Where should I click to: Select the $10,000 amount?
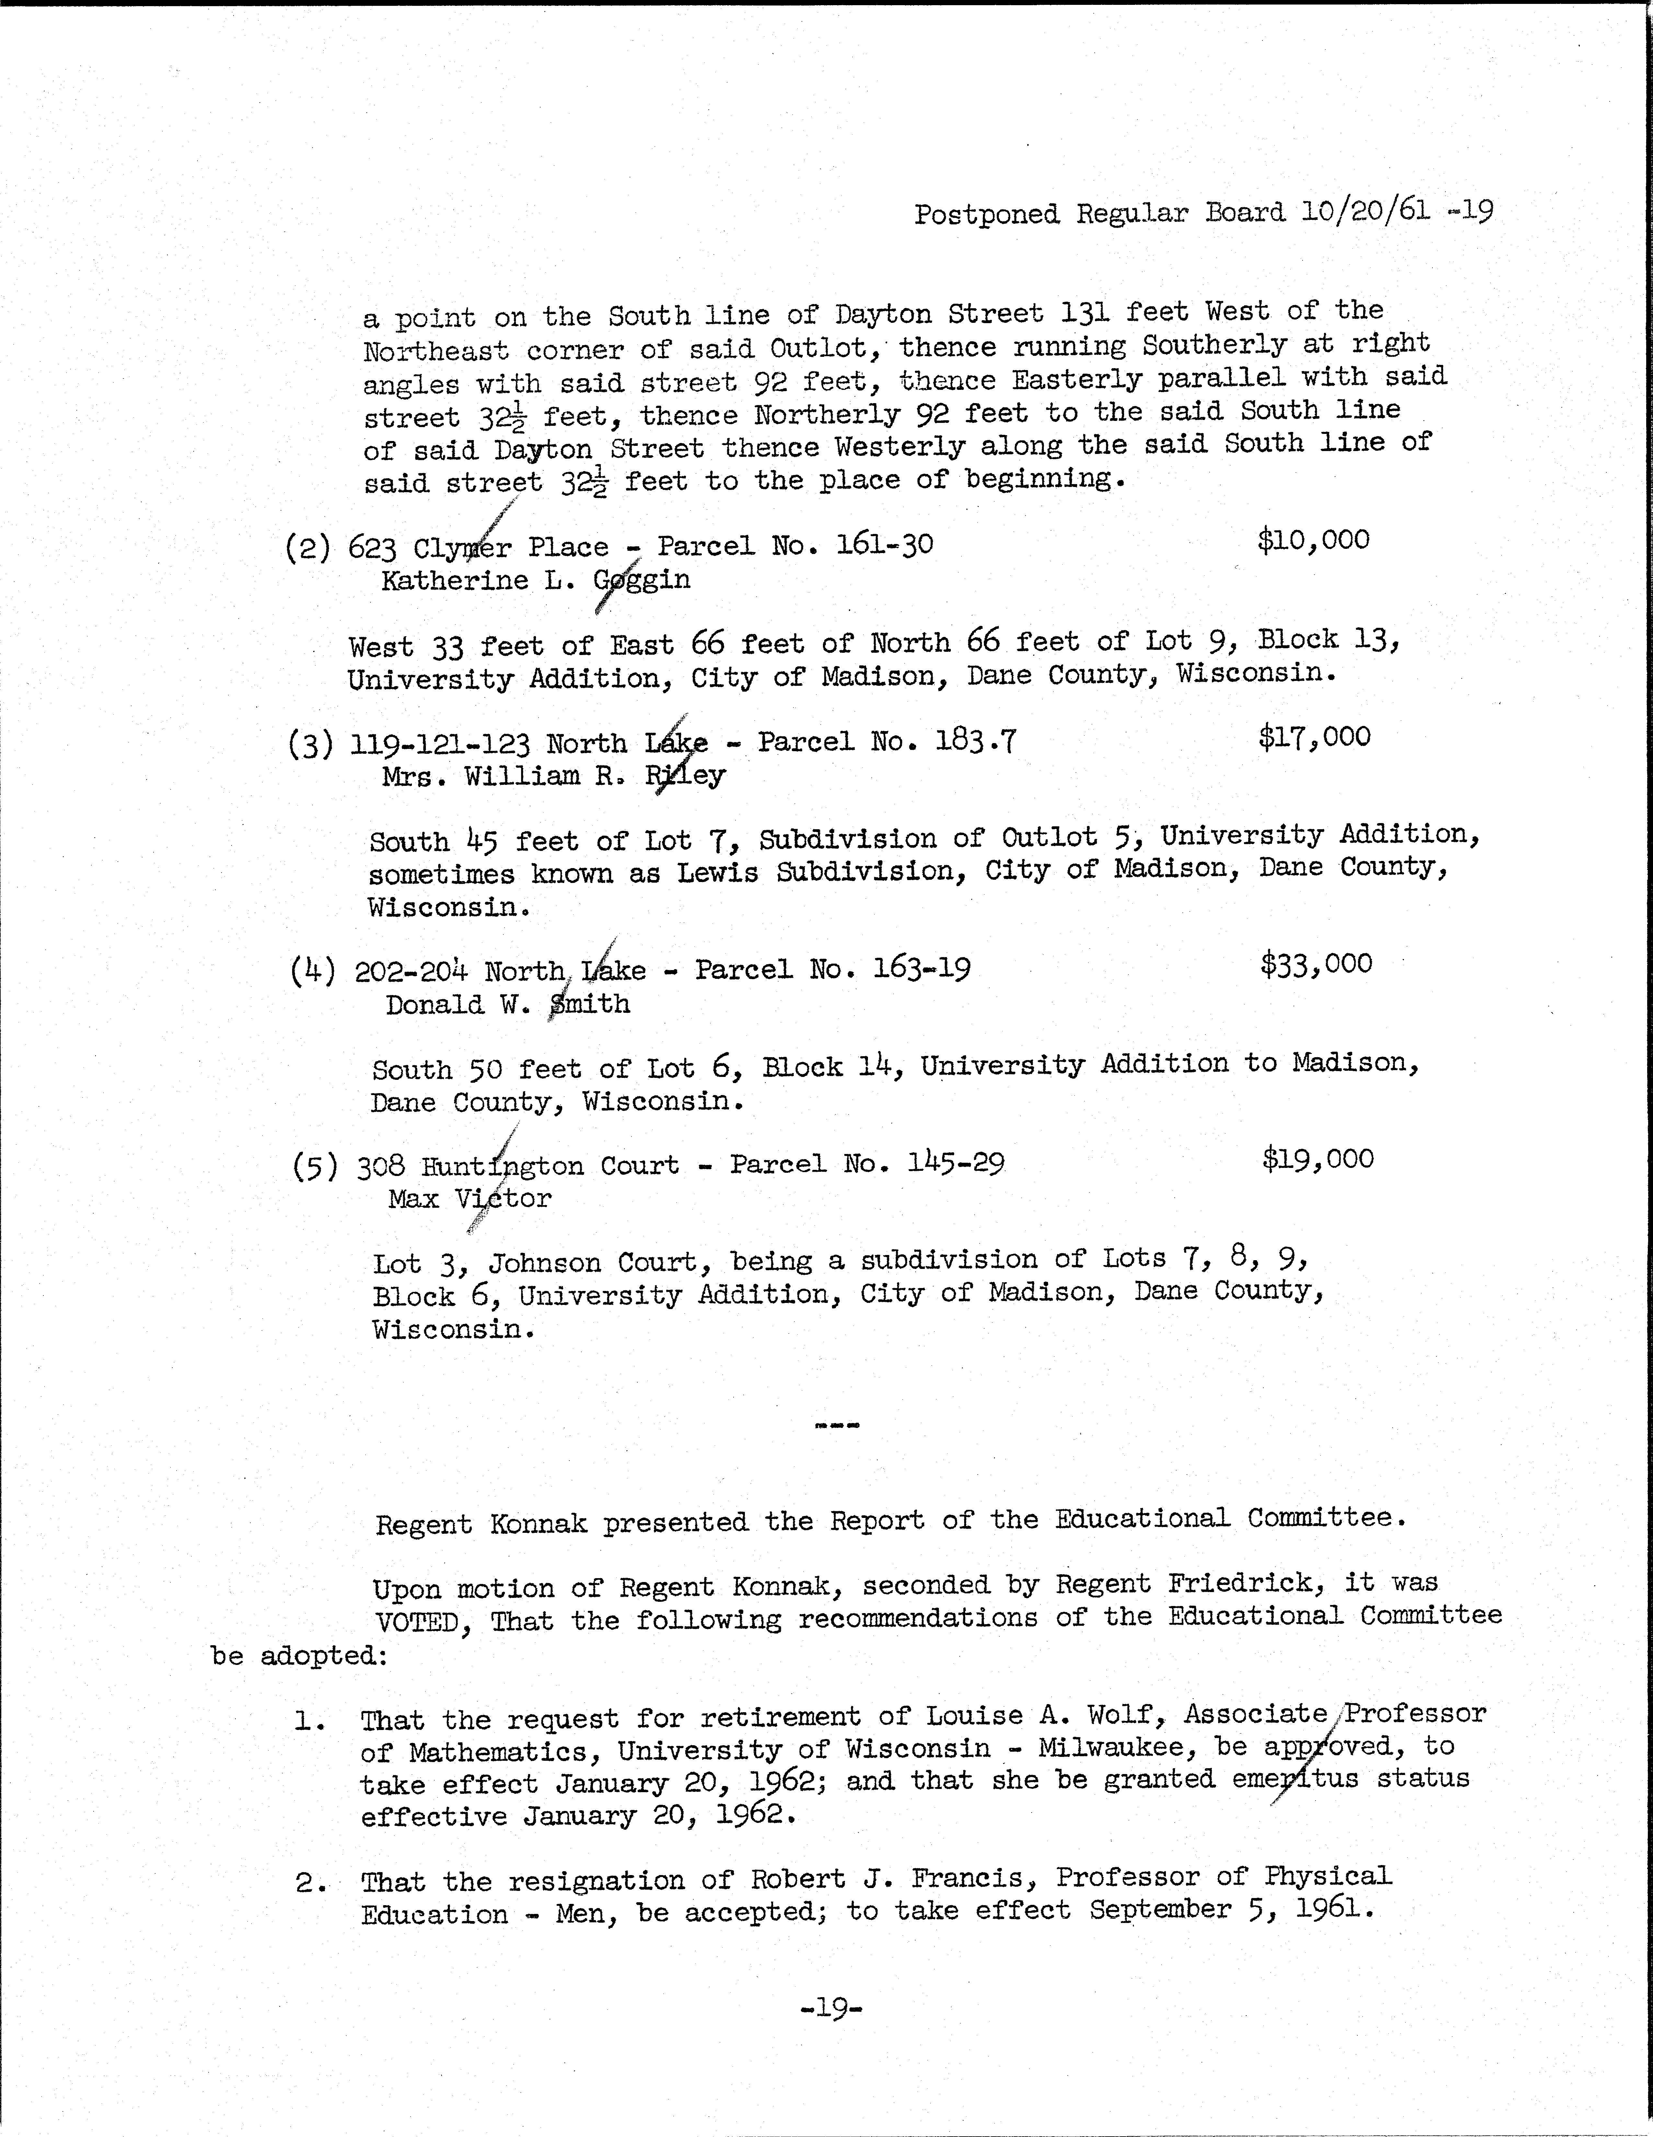point(1312,539)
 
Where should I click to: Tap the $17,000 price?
point(1313,736)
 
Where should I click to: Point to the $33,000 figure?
point(1315,964)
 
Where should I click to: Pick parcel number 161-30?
point(884,544)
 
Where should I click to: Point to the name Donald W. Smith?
point(507,1004)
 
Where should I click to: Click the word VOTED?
point(418,1622)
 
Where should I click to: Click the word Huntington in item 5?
point(501,1166)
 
